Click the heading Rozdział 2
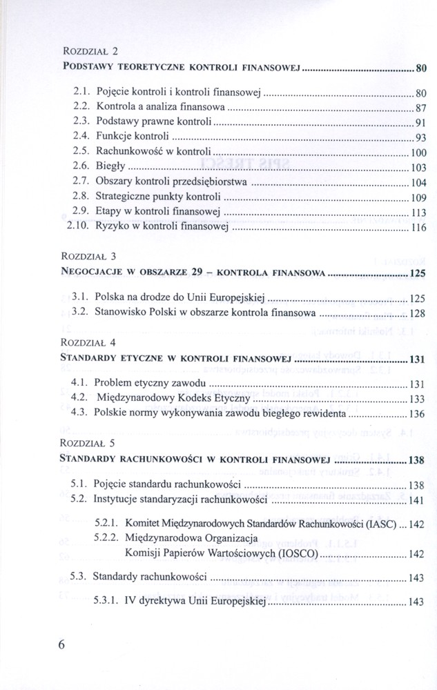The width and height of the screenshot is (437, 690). (90, 51)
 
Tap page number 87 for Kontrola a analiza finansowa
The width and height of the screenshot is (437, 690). (422, 108)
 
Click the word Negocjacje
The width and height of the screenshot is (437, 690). (91, 273)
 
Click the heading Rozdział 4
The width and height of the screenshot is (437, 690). (90, 342)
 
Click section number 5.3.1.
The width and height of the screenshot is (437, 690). (106, 602)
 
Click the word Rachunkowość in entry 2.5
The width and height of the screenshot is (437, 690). (131, 152)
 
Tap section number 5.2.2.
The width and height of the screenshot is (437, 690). (106, 538)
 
